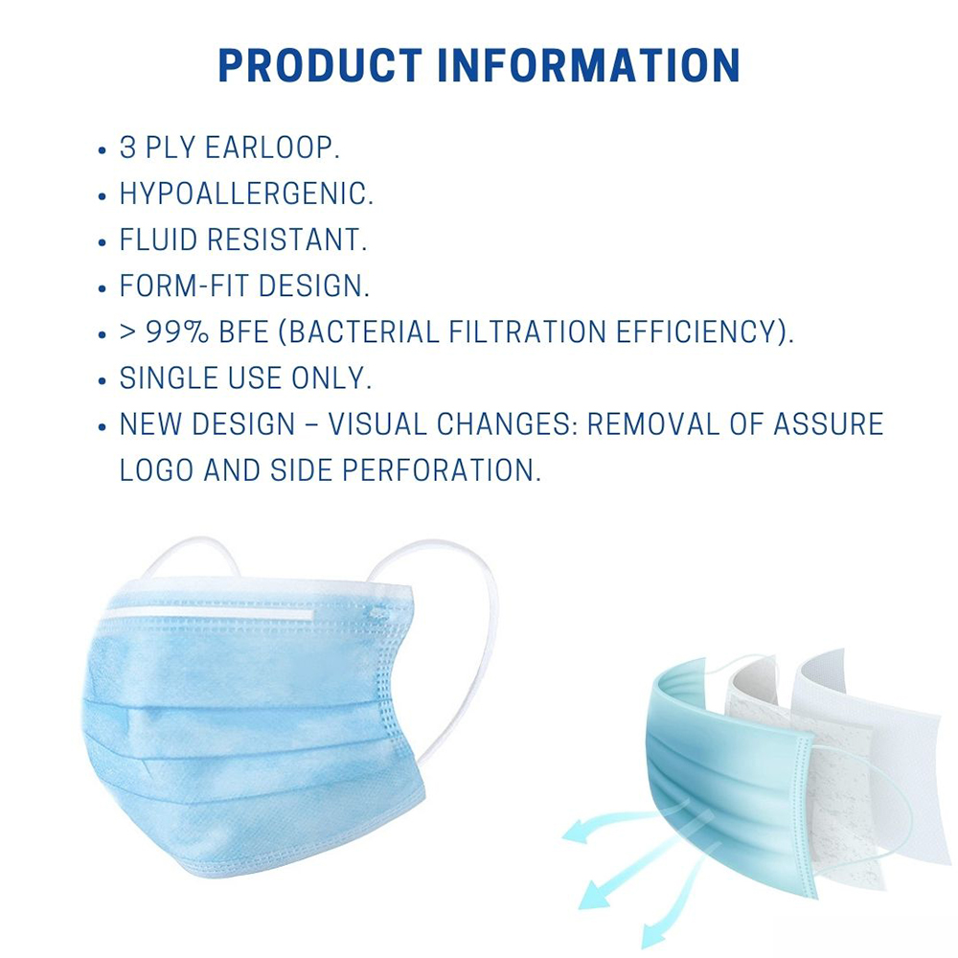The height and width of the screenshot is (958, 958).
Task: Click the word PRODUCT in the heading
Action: click(x=320, y=65)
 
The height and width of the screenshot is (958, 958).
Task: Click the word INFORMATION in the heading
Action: click(x=589, y=65)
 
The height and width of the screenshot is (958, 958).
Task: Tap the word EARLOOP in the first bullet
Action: click(x=272, y=148)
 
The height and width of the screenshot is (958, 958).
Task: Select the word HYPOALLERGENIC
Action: click(x=246, y=194)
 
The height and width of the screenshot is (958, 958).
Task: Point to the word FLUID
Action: click(x=158, y=239)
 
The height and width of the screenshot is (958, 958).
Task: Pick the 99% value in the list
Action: click(x=177, y=332)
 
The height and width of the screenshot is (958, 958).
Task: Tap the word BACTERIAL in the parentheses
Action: click(x=363, y=332)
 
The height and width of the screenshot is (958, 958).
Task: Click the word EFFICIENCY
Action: click(x=696, y=332)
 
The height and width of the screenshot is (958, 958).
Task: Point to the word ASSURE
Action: click(x=828, y=424)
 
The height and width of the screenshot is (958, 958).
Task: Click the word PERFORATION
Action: click(x=441, y=470)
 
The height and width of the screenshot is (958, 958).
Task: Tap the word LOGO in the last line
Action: click(x=156, y=470)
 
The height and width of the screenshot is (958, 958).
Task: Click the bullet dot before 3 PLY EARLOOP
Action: click(x=103, y=149)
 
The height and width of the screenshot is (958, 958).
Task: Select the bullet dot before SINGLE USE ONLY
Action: click(x=103, y=380)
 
